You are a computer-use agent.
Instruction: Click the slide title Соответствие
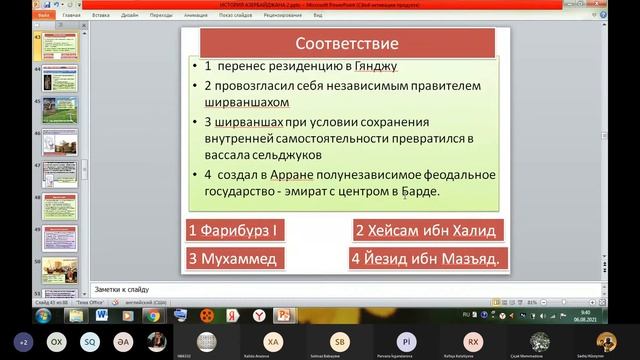(347, 43)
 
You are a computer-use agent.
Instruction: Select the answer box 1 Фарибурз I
(233, 230)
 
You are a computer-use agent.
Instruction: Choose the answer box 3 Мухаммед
(232, 259)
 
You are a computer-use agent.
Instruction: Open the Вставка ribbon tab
(100, 16)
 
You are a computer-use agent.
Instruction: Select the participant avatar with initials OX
(57, 340)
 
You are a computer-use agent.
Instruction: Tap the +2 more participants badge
(22, 340)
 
